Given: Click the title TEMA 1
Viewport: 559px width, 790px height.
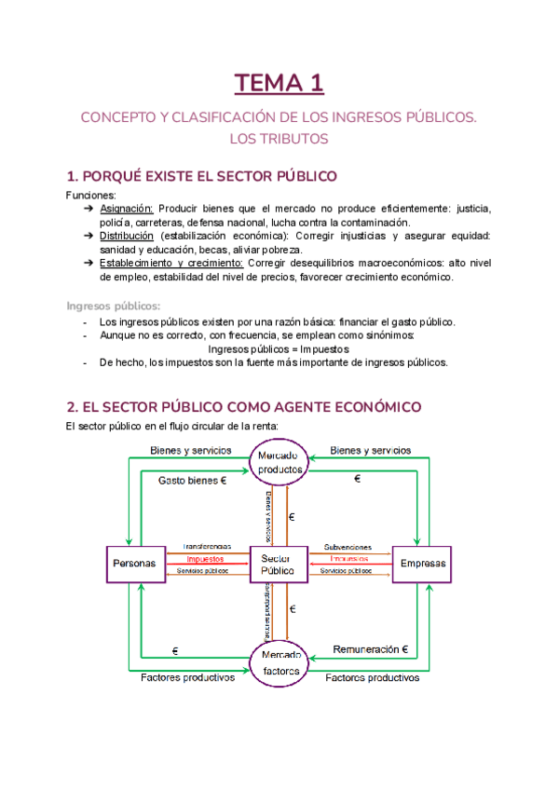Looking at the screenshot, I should point(279,84).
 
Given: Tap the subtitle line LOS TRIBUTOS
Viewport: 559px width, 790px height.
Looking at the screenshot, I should point(279,139).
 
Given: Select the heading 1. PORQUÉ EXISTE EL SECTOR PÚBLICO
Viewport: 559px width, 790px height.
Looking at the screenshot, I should point(201,177).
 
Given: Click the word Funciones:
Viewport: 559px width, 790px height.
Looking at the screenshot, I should point(91,196).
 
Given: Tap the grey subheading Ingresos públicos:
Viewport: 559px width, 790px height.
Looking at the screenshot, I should point(113,306).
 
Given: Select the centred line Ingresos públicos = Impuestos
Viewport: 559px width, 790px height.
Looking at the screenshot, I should point(279,348).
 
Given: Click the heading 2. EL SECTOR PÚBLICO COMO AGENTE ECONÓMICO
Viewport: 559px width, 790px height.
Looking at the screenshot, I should point(244,407).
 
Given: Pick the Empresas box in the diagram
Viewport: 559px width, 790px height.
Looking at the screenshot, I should point(422,564).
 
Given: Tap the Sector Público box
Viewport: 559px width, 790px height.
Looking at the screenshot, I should point(279,564).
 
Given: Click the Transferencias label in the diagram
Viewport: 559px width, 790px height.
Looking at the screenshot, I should point(208,547).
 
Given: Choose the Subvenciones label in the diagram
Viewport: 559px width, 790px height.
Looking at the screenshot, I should point(348,547).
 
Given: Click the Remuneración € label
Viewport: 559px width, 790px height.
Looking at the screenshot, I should point(372,648).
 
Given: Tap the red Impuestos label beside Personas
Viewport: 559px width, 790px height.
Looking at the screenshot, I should point(206,559).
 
